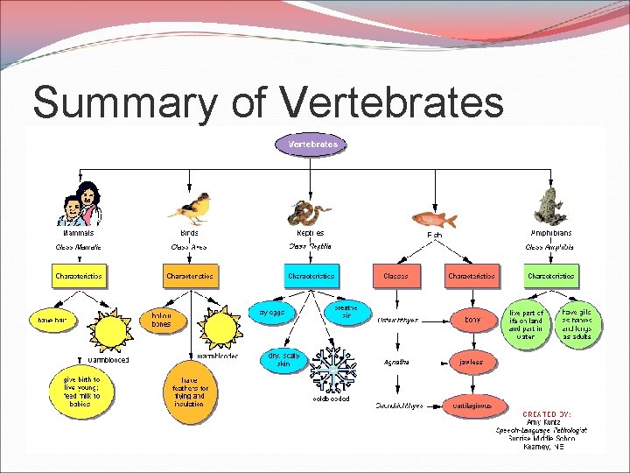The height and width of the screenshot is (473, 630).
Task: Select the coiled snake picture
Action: tap(308, 212)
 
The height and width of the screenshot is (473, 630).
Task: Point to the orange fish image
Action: tap(435, 219)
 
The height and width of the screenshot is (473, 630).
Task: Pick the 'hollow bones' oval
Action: tap(162, 320)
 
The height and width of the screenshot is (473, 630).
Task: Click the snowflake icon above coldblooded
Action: tap(334, 369)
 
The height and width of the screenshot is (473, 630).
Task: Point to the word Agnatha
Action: tap(396, 362)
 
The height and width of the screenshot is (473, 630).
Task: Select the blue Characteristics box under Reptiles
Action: tap(311, 276)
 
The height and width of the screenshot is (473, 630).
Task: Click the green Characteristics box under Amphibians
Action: tap(551, 276)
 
